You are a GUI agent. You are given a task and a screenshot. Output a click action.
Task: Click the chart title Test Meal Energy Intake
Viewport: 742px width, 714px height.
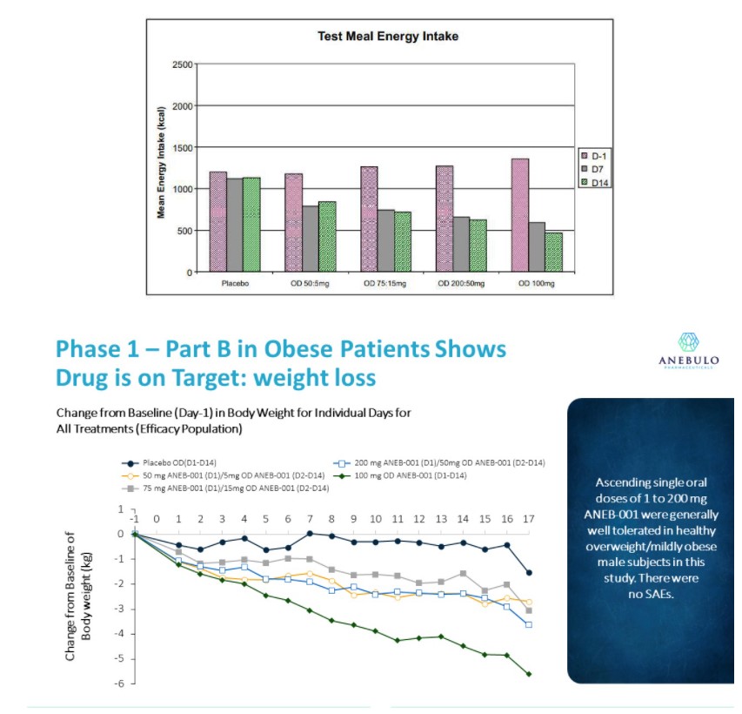click(387, 37)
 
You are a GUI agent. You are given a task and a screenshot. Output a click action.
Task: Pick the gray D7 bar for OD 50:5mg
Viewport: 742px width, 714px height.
click(311, 239)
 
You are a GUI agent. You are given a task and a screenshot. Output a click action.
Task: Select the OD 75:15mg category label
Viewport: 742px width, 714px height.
click(385, 285)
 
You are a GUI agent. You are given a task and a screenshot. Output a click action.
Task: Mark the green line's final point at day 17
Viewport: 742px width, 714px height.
click(529, 673)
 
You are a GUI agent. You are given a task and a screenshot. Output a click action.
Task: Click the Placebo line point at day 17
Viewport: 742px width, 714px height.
click(529, 573)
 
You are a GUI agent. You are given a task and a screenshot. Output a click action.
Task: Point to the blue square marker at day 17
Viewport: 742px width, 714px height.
click(529, 624)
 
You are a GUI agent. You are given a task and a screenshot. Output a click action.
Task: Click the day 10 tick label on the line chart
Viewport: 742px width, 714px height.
click(376, 519)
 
